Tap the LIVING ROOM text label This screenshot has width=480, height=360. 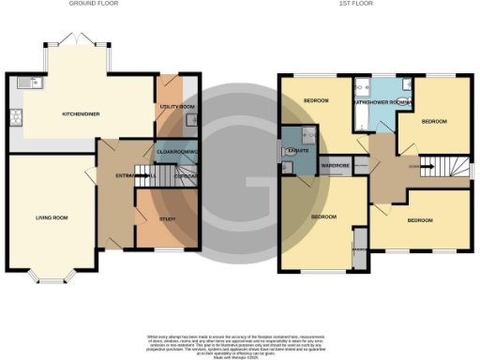(x=52, y=217)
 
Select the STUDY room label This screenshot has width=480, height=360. (x=168, y=218)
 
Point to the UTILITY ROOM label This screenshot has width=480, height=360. (x=176, y=108)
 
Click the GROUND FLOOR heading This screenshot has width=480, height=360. (x=94, y=4)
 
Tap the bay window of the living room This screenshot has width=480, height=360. (x=51, y=275)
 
